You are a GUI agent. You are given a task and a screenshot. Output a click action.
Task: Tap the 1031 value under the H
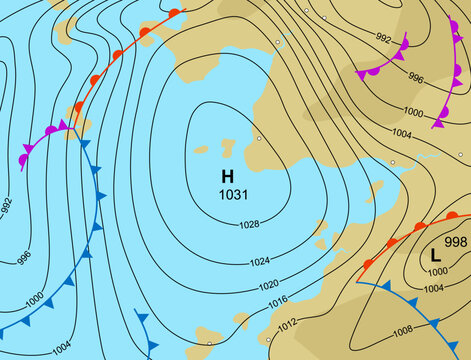click(x=233, y=194)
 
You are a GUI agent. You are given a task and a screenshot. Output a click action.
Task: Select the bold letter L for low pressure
click(x=435, y=255)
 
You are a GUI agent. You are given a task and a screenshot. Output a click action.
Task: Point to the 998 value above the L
click(x=455, y=242)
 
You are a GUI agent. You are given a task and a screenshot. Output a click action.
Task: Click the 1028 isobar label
click(x=249, y=224)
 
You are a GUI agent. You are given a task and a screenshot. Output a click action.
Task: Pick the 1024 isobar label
click(x=259, y=261)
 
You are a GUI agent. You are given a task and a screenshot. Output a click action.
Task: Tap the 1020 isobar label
click(x=269, y=284)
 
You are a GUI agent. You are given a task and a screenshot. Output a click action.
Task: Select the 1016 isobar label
click(x=278, y=302)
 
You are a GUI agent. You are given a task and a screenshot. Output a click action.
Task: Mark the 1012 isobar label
click(x=287, y=323)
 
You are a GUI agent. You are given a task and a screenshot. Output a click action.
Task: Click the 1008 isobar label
click(x=402, y=330)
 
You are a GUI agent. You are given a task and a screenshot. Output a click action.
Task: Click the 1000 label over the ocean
click(x=33, y=299)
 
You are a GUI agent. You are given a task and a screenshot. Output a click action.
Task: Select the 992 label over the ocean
click(x=7, y=206)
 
